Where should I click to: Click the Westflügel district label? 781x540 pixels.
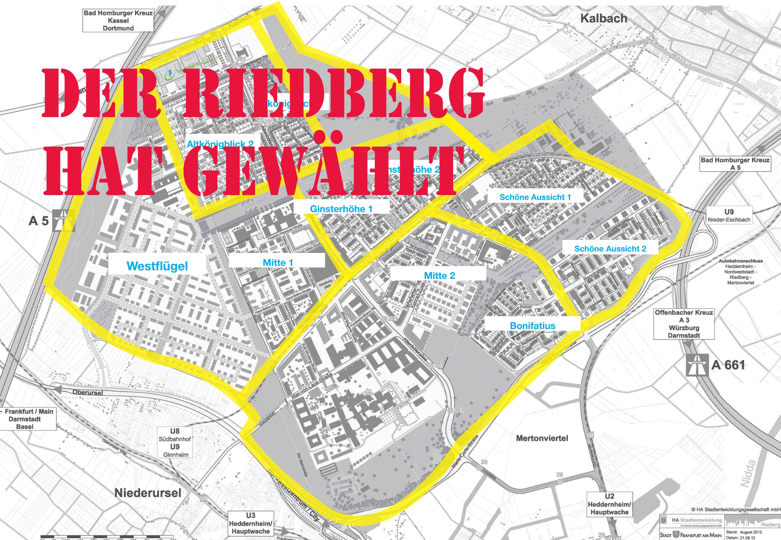157,266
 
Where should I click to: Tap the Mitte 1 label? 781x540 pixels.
278,262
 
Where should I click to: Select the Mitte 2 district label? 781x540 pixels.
439,276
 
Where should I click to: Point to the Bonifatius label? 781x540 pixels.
532,325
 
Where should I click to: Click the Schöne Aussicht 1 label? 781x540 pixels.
535,197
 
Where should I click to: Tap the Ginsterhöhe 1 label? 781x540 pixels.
341,209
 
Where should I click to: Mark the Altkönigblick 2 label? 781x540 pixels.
220,144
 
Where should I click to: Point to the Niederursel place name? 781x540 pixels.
148,493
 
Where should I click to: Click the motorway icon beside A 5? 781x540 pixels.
64,221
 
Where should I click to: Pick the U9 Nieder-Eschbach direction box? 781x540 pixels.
729,216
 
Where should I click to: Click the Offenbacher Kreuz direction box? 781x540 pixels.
684,324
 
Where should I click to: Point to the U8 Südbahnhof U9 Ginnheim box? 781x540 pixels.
175,443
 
